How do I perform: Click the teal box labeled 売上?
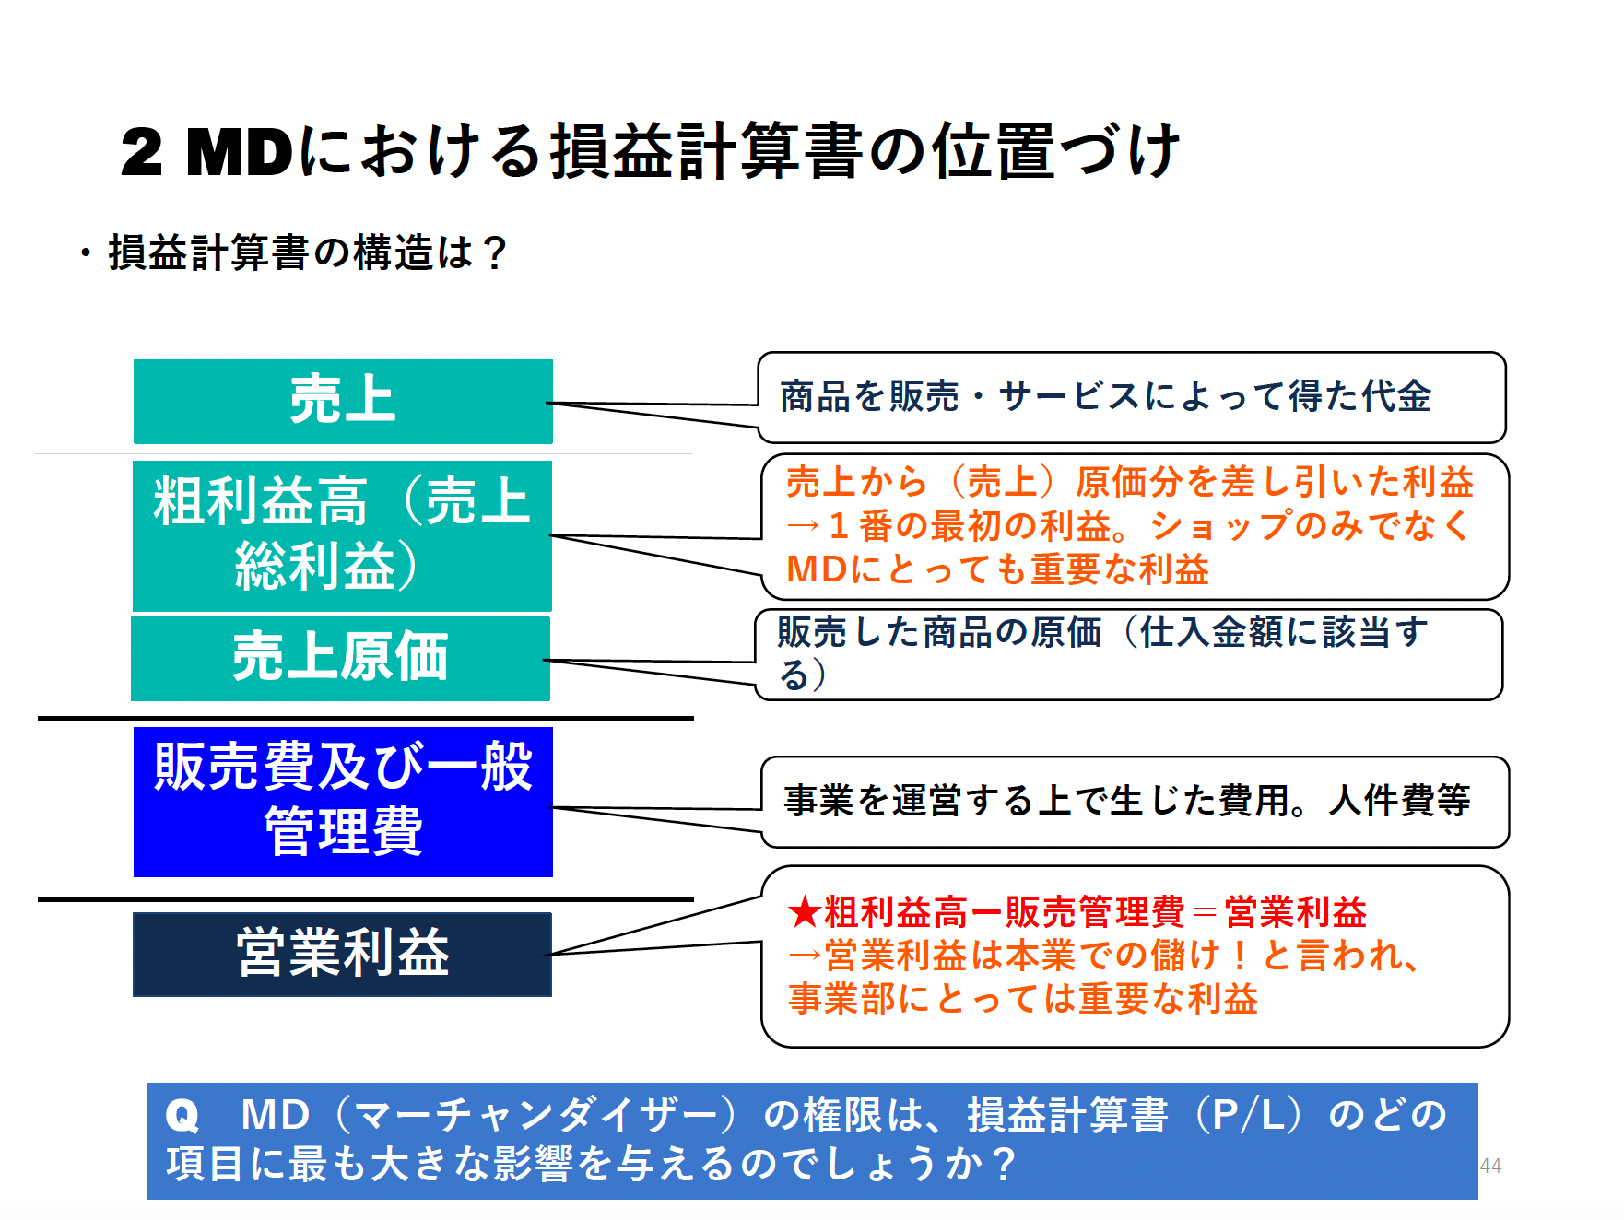click(x=343, y=402)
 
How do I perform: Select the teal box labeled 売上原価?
click(x=340, y=658)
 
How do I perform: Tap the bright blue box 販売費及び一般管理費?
click(x=343, y=801)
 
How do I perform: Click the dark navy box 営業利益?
click(x=342, y=954)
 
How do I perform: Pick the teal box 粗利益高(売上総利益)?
click(x=342, y=535)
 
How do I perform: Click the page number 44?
click(x=1490, y=1166)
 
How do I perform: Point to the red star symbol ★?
click(x=805, y=913)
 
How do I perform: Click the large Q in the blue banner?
click(x=182, y=1116)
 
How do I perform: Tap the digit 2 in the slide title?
click(x=142, y=152)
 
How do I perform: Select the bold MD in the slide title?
click(x=240, y=152)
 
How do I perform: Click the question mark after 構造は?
click(x=494, y=253)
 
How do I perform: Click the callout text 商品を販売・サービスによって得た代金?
click(x=1104, y=396)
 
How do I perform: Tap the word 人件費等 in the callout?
click(x=1399, y=800)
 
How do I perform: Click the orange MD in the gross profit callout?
click(x=817, y=569)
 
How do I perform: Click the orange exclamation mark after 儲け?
click(x=1241, y=956)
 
